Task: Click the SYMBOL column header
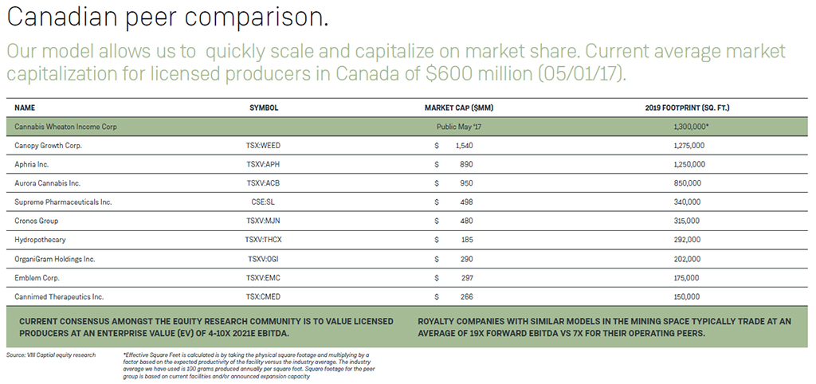click(x=264, y=108)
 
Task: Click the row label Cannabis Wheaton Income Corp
click(x=65, y=127)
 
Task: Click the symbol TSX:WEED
click(x=264, y=146)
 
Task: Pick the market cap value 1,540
click(x=465, y=146)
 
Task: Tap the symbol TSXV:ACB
click(x=264, y=183)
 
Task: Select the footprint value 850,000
click(x=687, y=183)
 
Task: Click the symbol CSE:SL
click(x=264, y=202)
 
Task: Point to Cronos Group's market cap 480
click(x=466, y=221)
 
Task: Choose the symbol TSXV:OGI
click(x=264, y=259)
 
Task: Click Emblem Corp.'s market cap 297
click(x=466, y=277)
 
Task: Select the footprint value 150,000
click(x=687, y=296)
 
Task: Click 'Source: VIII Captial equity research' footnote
click(x=50, y=355)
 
